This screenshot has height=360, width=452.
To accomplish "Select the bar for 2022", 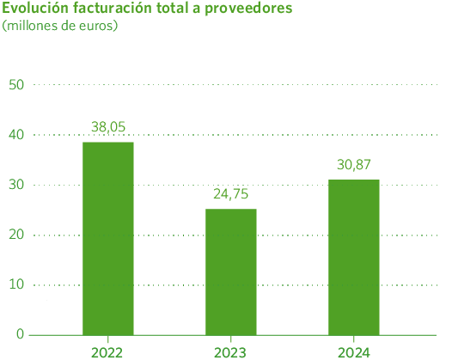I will click(108, 237).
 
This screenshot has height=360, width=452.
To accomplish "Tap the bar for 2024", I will click(353, 256).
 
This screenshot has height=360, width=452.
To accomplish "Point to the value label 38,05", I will click(108, 127).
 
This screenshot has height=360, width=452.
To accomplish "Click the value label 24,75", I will click(231, 194).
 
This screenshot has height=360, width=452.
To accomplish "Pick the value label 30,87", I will click(353, 164).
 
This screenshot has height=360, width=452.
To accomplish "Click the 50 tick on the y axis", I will click(15, 84).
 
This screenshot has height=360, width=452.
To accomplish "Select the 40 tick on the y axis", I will click(15, 135).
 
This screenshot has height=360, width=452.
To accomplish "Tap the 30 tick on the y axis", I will click(15, 185).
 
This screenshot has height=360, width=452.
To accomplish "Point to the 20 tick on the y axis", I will click(15, 235).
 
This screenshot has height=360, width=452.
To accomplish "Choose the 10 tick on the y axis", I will click(15, 284).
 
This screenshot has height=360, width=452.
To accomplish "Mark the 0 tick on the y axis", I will click(20, 334).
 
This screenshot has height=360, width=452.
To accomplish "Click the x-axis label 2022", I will click(108, 351).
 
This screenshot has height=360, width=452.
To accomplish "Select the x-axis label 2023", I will click(231, 351).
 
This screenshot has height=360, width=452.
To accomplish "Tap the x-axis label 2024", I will click(353, 351).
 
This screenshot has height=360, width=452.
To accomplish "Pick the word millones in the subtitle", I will click(31, 26).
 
